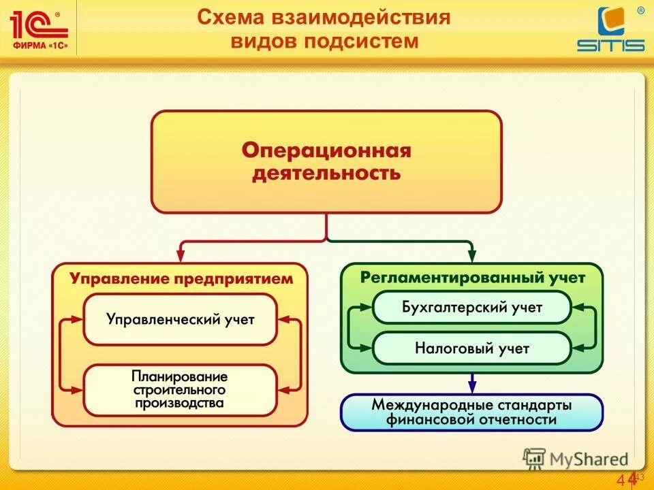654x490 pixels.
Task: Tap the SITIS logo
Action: [x=610, y=31]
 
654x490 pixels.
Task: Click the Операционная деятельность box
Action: [x=326, y=162]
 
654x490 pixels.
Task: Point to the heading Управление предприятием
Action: [x=181, y=278]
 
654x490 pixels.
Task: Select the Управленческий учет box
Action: [x=180, y=319]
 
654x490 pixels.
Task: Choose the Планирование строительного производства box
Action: [x=180, y=389]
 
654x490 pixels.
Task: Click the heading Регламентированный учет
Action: [x=472, y=278]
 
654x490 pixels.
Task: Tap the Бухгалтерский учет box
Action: [x=471, y=308]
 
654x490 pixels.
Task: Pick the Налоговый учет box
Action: [x=471, y=348]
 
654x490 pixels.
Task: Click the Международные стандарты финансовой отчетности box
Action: [x=471, y=412]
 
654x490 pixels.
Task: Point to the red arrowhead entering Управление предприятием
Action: [x=181, y=256]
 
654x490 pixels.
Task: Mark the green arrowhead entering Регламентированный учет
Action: [x=472, y=256]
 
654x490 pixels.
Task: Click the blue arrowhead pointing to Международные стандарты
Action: [x=472, y=388]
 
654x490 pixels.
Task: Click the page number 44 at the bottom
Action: [x=628, y=479]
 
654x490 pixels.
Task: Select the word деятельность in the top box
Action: [x=326, y=173]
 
